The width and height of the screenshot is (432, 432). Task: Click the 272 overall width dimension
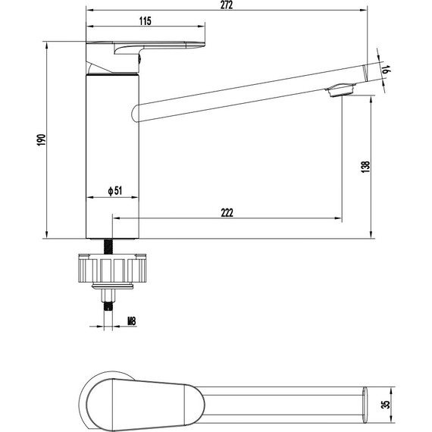(227, 5)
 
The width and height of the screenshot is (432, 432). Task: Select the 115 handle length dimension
(146, 21)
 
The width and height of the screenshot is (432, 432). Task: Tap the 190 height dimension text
(42, 140)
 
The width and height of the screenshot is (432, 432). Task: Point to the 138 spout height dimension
(365, 167)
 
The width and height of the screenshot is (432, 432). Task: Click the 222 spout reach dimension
(227, 213)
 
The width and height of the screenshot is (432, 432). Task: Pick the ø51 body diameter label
(115, 191)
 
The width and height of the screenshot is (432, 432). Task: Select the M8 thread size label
(132, 321)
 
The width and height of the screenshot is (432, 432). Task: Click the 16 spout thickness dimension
(387, 70)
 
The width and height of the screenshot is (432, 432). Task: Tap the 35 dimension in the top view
(387, 404)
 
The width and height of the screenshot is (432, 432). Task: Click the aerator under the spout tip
(340, 90)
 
